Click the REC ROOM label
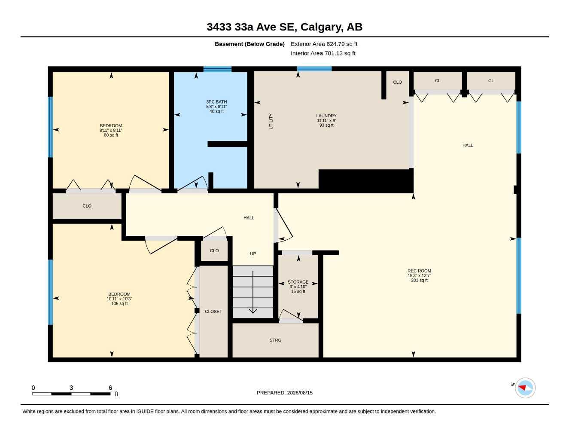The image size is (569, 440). click(419, 271)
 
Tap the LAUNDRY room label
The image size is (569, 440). click(326, 116)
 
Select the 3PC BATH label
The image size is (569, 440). click(216, 101)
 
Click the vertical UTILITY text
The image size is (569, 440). click(271, 121)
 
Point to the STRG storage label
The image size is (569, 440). click(275, 340)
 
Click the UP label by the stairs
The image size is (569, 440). click(253, 254)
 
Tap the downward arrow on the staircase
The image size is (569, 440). click(253, 292)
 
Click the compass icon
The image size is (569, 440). click(525, 388)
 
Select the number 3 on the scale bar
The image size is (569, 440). click(71, 388)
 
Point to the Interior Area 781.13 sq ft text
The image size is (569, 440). click(323, 53)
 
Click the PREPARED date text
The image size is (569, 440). click(284, 393)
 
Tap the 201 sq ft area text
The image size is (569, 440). click(419, 280)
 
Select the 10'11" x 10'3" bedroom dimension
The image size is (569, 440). click(119, 299)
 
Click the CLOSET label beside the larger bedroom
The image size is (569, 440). click(213, 311)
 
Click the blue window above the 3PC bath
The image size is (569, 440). click(217, 69)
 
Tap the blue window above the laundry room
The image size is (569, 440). click(314, 69)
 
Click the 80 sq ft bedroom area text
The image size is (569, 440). click(111, 135)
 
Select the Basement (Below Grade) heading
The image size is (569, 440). click(250, 44)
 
